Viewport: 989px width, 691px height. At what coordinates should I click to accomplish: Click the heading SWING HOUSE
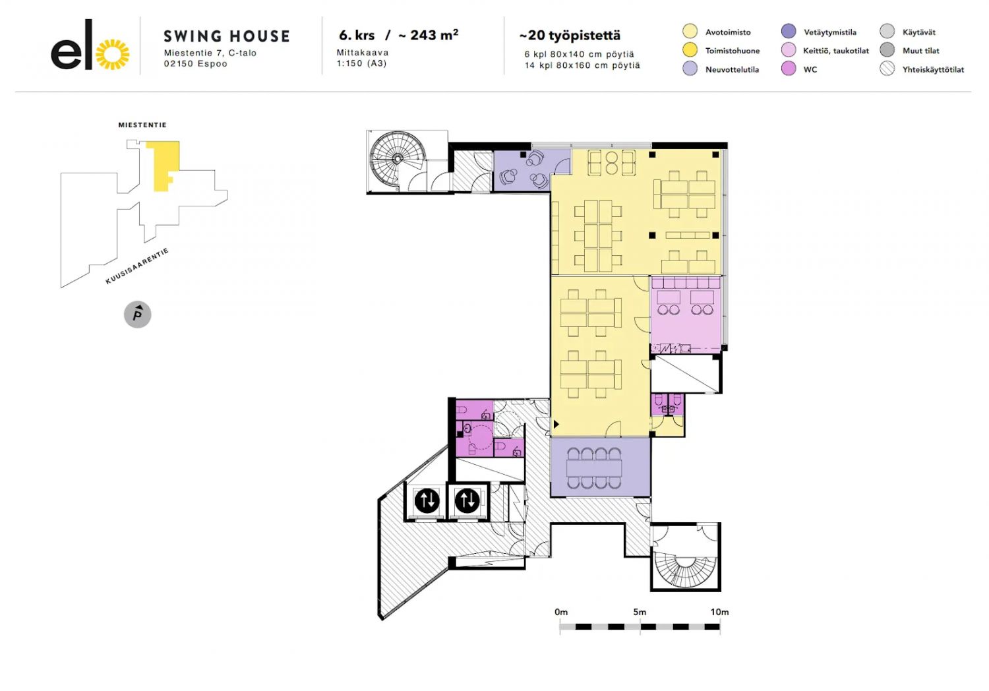coord(227,36)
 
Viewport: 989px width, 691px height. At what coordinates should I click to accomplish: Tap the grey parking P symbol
coord(138,315)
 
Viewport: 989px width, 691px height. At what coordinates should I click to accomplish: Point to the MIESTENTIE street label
coord(142,125)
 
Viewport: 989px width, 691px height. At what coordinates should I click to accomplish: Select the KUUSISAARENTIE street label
coord(137,266)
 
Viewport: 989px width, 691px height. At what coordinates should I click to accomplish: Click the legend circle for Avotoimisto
coord(690,32)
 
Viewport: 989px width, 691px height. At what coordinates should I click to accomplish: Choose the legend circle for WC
coord(788,69)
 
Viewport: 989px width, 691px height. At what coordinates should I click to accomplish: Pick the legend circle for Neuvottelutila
coord(690,69)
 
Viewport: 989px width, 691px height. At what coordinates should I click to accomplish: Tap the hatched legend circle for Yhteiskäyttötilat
coord(887,69)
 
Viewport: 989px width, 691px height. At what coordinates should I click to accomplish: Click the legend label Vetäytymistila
coord(830,32)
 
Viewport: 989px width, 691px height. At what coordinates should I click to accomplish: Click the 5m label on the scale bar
coord(640,612)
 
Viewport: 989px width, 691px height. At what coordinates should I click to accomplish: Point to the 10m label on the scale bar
coord(720,612)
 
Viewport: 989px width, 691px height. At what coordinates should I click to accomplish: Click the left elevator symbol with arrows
coord(427,500)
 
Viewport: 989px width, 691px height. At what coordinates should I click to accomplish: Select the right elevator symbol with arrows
coord(467,500)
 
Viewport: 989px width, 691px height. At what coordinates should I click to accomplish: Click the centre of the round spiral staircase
coord(398,158)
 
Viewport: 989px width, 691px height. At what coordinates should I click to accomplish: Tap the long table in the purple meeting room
coord(594,467)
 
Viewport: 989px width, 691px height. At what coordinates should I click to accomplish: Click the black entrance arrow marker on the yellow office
coord(556,425)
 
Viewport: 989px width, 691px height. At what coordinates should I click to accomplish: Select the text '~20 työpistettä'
coord(570,36)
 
